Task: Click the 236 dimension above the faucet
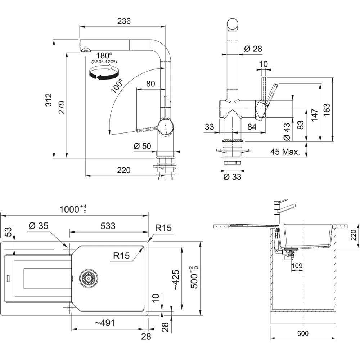pos(124,21)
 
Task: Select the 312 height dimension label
pos(49,100)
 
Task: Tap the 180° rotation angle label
pos(105,55)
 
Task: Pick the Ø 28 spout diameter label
pos(253,49)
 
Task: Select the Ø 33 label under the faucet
pos(232,177)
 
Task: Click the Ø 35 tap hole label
pos(38,226)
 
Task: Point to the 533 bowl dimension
pos(108,226)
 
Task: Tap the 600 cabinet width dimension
pos(303,333)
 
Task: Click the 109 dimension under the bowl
pos(297,266)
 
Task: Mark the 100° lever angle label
pos(117,85)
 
